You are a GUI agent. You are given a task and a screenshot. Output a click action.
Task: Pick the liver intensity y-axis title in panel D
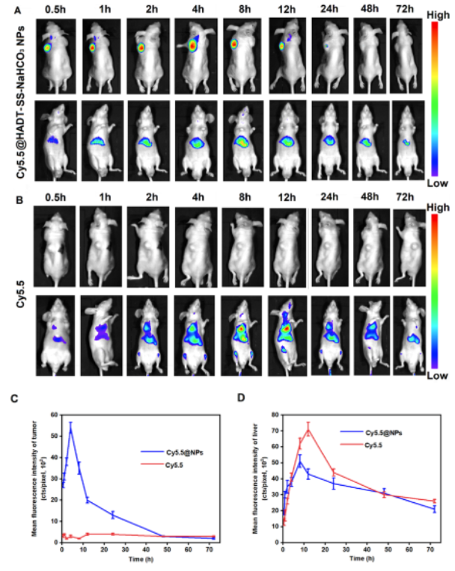click(x=256, y=477)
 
